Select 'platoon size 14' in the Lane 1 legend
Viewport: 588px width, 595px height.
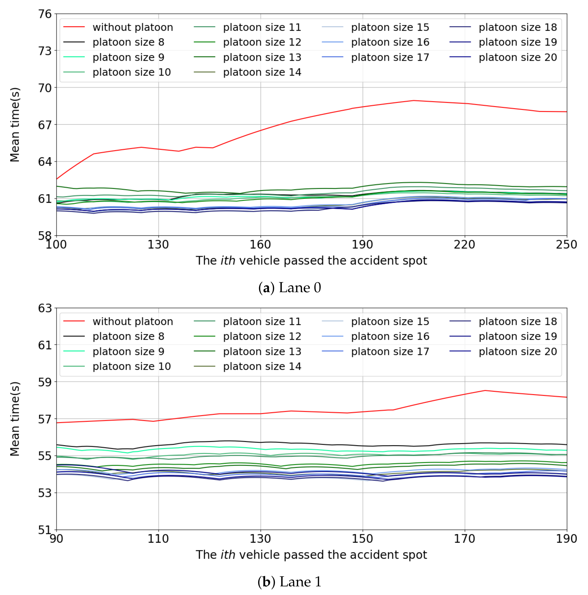(x=262, y=366)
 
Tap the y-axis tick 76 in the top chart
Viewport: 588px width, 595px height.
(x=45, y=14)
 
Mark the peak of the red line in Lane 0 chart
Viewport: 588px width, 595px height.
(x=413, y=100)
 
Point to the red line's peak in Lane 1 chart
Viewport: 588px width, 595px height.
(x=485, y=390)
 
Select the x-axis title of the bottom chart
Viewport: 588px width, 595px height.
(x=311, y=555)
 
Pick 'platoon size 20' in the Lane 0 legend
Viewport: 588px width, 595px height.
(x=518, y=57)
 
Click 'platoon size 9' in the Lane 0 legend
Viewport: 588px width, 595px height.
(x=129, y=57)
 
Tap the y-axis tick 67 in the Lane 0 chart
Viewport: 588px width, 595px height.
(x=45, y=125)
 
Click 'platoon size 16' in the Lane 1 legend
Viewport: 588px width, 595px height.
(x=390, y=336)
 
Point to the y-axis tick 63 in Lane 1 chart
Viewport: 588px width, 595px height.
(x=45, y=308)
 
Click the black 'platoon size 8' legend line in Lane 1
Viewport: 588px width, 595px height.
(x=74, y=336)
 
